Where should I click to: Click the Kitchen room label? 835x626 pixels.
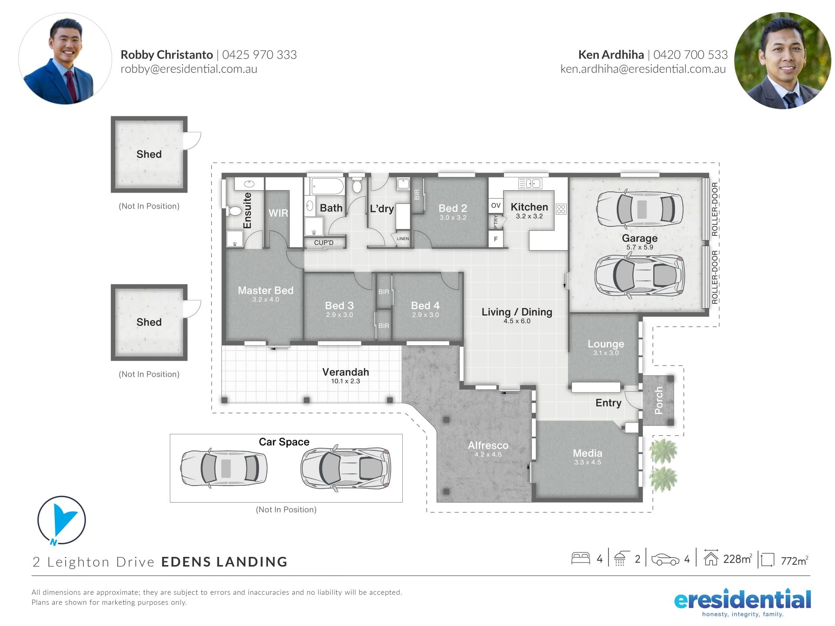tap(529, 207)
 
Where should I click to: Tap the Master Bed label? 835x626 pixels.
tap(265, 290)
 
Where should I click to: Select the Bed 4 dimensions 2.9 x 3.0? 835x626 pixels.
tap(425, 315)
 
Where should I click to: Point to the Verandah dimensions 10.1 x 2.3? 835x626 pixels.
tap(345, 381)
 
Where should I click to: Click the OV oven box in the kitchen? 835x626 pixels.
tap(496, 206)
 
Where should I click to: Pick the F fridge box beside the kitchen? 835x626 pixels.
tap(496, 239)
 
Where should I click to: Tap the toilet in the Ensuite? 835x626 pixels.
tap(234, 211)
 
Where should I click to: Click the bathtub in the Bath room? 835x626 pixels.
tap(327, 186)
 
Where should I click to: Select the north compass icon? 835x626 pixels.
tap(61, 520)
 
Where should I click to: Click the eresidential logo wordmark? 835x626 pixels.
tap(742, 600)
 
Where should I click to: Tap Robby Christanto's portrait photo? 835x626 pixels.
tap(65, 59)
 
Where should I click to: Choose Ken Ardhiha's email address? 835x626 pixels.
tap(643, 69)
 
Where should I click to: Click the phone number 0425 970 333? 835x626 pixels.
tap(259, 55)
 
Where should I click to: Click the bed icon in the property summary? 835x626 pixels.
tap(580, 558)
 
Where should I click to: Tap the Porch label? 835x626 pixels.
tap(658, 400)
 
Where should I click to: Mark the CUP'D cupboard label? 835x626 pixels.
tap(324, 243)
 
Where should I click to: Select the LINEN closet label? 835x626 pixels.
tap(403, 239)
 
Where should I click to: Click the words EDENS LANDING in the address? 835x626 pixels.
tap(224, 562)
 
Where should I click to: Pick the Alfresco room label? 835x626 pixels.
tap(488, 446)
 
